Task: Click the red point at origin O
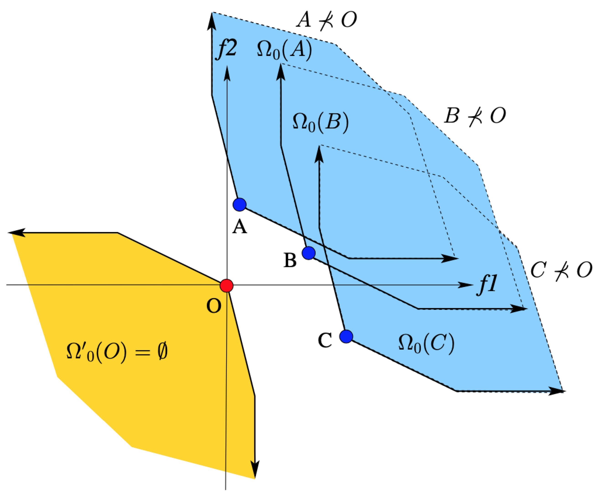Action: [226, 285]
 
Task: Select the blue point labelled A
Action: [239, 205]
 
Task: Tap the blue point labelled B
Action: [308, 253]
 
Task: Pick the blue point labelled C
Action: [346, 336]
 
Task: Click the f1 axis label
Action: [487, 285]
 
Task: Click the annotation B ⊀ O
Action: [475, 116]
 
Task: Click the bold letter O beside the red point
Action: [214, 306]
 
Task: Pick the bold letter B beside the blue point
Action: [290, 261]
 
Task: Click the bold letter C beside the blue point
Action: [325, 341]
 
